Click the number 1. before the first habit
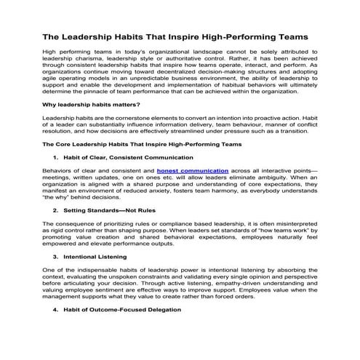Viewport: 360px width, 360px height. pyautogui.click(x=57, y=157)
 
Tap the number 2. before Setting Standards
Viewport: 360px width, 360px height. pyautogui.click(x=57, y=209)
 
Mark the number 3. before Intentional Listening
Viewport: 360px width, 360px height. pyautogui.click(x=57, y=256)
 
